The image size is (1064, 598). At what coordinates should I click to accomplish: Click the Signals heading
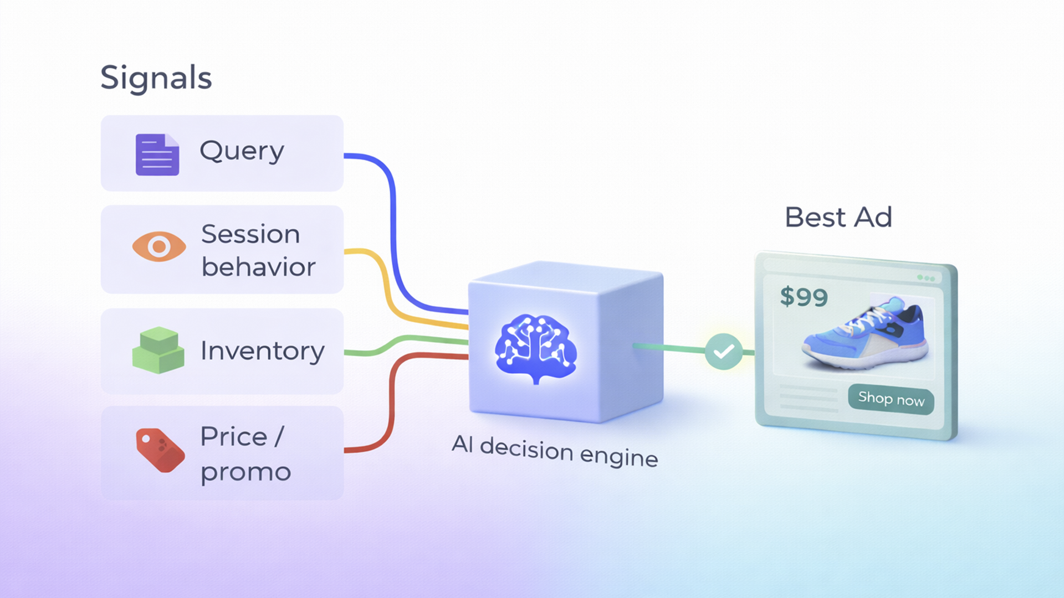coord(156,78)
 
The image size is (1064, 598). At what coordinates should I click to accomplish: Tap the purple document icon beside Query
coord(157,154)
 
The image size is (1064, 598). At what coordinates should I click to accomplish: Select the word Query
coord(242,151)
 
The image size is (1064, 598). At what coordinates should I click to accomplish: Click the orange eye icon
coord(159,246)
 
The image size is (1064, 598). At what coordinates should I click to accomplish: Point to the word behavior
coord(258,267)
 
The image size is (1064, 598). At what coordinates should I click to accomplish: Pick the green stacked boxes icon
coord(158,350)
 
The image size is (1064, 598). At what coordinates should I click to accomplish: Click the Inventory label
coord(262,351)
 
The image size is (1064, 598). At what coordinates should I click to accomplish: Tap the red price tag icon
coord(160,450)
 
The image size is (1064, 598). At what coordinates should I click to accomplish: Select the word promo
coord(245,472)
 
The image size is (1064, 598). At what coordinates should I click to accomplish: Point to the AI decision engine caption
coord(555,451)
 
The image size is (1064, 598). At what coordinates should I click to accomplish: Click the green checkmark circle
coord(724,352)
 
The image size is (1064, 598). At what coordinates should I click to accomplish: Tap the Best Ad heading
coord(838,217)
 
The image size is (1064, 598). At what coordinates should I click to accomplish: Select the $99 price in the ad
coord(804,297)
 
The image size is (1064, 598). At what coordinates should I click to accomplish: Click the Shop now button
coord(891,399)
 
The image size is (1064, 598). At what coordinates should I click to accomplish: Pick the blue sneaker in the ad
coord(864,338)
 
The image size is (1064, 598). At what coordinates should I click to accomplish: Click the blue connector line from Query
coord(393,221)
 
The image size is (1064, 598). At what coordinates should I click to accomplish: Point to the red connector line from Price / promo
coord(391,404)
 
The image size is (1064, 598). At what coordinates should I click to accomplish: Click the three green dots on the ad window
coord(925,278)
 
